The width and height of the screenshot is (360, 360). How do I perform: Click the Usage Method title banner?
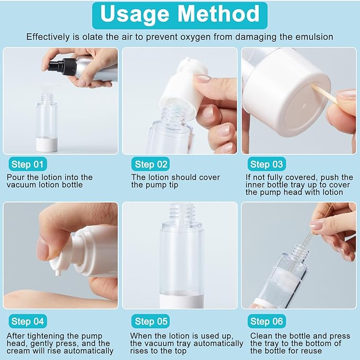(180, 14)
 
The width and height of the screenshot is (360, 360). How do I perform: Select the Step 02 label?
(151, 164)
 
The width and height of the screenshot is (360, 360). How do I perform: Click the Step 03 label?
(267, 164)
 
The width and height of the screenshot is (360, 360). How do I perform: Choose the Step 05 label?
(151, 321)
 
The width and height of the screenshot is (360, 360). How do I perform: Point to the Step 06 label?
(267, 321)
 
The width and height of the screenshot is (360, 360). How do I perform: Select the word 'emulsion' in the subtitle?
(313, 37)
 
